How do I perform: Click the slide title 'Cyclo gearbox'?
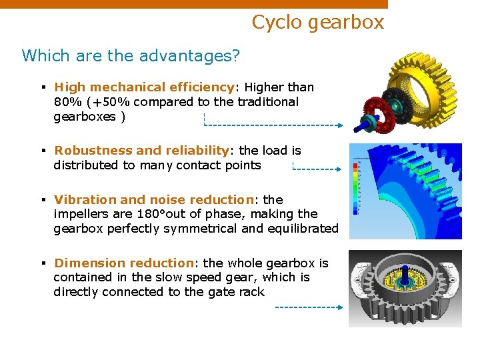pos(318,23)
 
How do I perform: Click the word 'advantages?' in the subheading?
pos(198,55)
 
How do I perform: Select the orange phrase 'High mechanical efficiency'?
pos(143,87)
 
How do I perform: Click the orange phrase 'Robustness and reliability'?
pos(141,151)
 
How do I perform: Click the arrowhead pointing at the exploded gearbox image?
pos(340,125)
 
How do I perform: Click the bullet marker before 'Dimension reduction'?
pos(43,263)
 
